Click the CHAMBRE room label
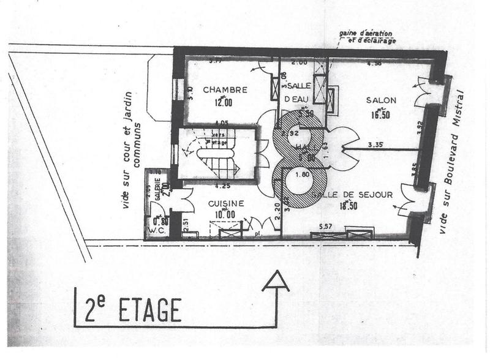point(225,89)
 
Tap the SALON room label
point(381,100)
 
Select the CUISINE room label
point(226,204)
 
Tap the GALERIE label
point(157,186)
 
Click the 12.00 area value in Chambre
point(225,103)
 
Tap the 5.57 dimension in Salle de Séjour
point(342,226)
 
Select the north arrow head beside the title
point(275,281)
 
